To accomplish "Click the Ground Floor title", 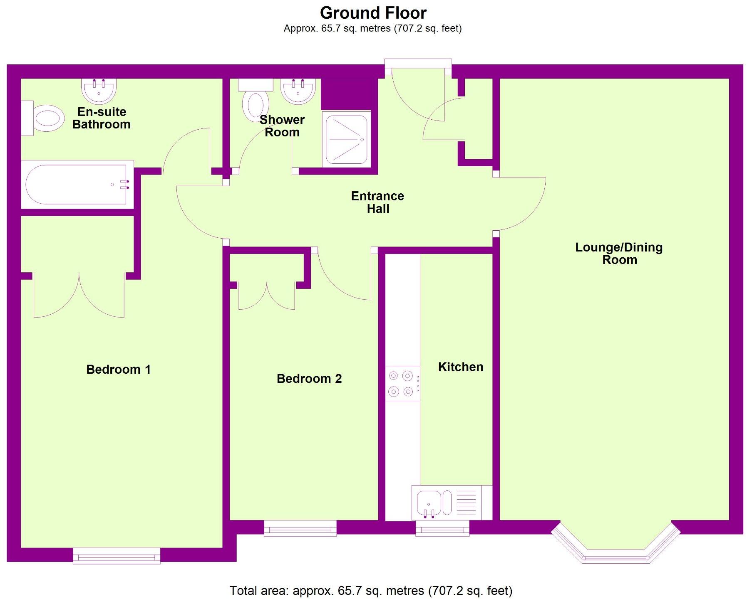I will tap(373, 13).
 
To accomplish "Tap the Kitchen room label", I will tap(460, 367).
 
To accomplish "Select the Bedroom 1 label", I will tap(118, 370).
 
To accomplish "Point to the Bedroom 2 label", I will tap(309, 379).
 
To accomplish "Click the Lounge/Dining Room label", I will tap(619, 254).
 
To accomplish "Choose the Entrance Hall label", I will tap(377, 202).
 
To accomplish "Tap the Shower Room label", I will tap(282, 126).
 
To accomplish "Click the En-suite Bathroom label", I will tap(101, 118).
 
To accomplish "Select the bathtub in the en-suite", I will tap(77, 185).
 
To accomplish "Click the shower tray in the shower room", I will tap(346, 139).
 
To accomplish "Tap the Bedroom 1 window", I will tap(117, 555).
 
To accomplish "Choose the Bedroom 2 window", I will tap(300, 529).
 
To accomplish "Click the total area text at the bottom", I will tap(371, 591).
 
